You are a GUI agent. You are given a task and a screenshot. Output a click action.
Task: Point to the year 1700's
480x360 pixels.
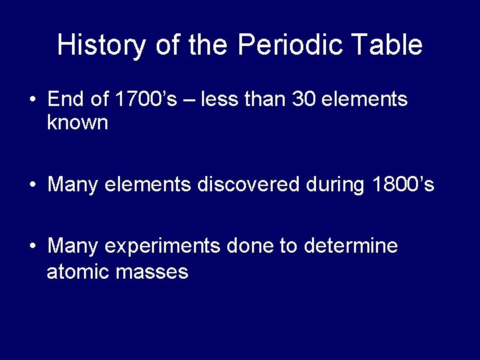(146, 99)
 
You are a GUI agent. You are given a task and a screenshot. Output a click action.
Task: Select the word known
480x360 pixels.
(77, 123)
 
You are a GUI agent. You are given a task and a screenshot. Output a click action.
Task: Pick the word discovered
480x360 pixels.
(248, 184)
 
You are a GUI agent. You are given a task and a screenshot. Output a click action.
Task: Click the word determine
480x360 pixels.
(351, 246)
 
